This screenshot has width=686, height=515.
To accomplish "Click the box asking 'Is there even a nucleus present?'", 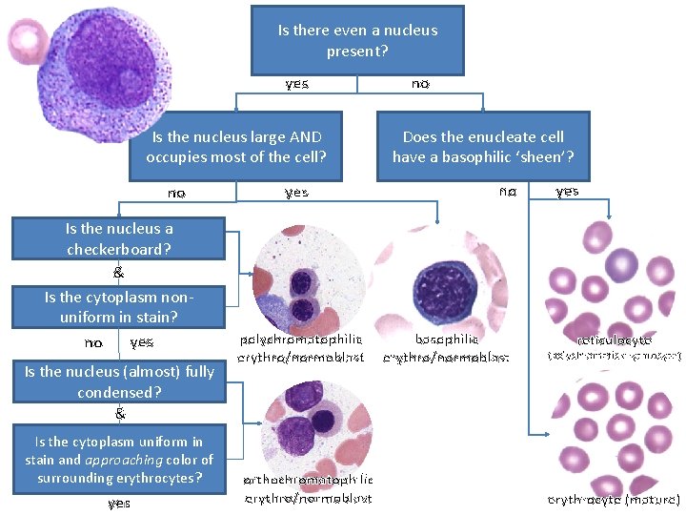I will (x=357, y=40).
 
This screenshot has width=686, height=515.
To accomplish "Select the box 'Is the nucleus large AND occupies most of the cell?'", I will (x=235, y=146).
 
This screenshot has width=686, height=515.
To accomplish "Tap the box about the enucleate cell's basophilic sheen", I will (x=483, y=146).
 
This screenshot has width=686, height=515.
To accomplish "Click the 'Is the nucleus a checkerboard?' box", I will (x=119, y=238).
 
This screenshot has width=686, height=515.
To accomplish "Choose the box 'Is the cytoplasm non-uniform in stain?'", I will (x=119, y=307).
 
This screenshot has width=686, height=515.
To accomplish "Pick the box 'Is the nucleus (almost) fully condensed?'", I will (x=119, y=381).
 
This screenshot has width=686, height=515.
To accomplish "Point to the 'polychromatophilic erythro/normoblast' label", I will (x=301, y=348).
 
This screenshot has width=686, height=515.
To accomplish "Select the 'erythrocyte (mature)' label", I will (x=614, y=499).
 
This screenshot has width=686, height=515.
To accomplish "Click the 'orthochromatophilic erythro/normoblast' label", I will (x=308, y=489).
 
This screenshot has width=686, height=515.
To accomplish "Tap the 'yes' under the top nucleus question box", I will (x=296, y=84).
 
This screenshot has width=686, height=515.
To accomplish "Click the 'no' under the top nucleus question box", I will (x=420, y=84).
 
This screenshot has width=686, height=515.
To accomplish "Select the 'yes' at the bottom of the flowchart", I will (x=119, y=503).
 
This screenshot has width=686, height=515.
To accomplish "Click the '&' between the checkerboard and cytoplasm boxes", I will (x=119, y=272).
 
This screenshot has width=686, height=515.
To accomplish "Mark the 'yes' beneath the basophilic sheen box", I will (x=567, y=192).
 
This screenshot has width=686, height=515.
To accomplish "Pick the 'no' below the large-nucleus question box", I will (x=176, y=193).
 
